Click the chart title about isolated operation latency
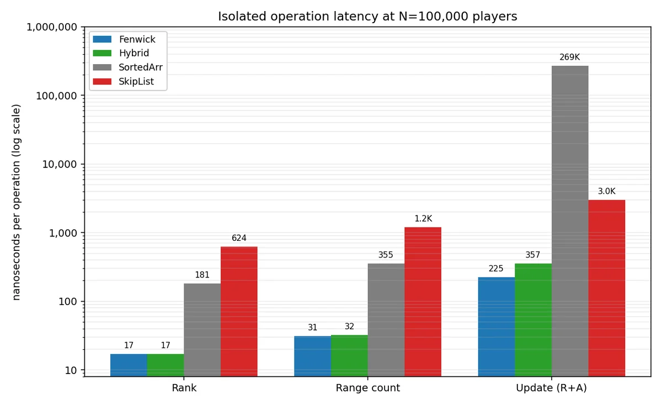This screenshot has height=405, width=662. [367, 16]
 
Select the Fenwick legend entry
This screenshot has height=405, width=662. [124, 39]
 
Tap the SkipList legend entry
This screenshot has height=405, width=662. [123, 81]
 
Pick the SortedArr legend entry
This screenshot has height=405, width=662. [127, 67]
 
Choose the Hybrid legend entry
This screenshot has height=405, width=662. [121, 53]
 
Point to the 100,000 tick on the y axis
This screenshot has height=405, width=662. [56, 96]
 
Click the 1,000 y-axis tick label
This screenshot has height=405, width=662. [63, 233]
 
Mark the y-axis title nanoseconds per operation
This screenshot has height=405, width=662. [16, 202]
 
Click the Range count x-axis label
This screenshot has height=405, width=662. [367, 388]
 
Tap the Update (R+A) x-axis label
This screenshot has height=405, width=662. [552, 388]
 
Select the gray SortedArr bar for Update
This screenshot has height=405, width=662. [570, 221]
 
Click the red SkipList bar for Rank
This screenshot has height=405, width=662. [239, 312]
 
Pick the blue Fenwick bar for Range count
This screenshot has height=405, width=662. [312, 356]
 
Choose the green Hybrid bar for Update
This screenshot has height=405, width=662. [533, 320]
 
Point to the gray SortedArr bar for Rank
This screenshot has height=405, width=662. [202, 330]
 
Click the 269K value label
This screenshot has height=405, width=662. [570, 57]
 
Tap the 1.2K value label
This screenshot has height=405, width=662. [423, 218]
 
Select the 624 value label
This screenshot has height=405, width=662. [239, 238]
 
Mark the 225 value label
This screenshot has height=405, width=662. [496, 269]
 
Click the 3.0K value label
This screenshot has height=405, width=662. [607, 191]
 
